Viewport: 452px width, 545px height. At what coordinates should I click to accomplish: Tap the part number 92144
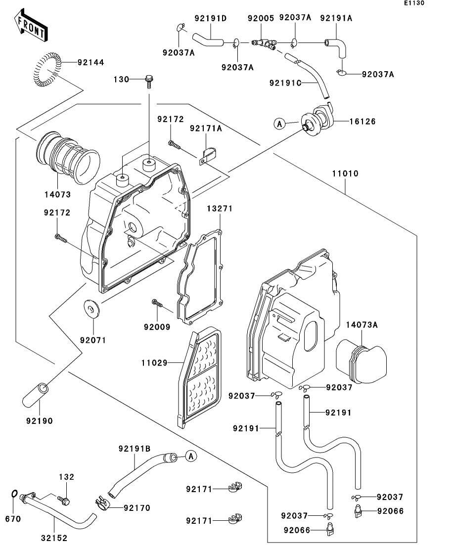[91, 63]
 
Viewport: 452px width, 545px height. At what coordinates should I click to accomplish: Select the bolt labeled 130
[149, 82]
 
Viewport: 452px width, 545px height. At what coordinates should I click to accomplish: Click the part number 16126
[362, 122]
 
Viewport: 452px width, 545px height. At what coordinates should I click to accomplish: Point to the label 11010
[345, 173]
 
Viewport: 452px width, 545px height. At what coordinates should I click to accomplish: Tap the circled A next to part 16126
[280, 124]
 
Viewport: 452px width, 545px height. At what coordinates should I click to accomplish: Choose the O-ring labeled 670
[14, 494]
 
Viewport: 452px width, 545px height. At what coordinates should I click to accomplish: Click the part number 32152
[54, 538]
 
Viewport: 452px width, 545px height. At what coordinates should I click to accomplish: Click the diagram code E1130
[414, 3]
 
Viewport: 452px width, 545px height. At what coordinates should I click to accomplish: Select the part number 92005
[261, 18]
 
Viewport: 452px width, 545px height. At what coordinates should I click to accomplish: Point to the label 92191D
[211, 18]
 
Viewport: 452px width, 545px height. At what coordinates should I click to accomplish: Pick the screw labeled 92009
[157, 303]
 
